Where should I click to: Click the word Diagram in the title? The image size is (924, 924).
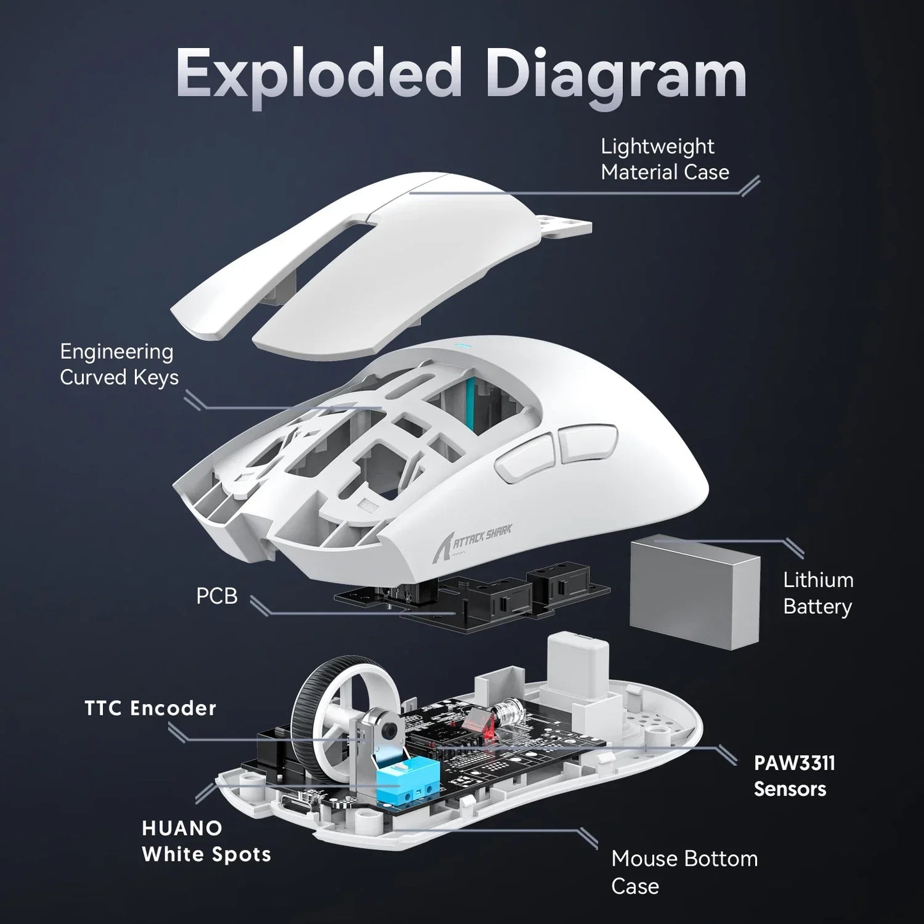619,77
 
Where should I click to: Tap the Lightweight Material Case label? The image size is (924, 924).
664,159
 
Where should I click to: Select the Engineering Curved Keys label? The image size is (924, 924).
119,364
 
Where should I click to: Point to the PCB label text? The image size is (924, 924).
217,596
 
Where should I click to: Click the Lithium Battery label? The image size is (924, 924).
818,593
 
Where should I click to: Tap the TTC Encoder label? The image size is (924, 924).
150,708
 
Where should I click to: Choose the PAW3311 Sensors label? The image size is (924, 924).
794,776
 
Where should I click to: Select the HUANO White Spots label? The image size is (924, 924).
206,841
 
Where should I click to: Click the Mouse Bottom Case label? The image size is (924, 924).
684,872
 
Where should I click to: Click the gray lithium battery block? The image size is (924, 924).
695,588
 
